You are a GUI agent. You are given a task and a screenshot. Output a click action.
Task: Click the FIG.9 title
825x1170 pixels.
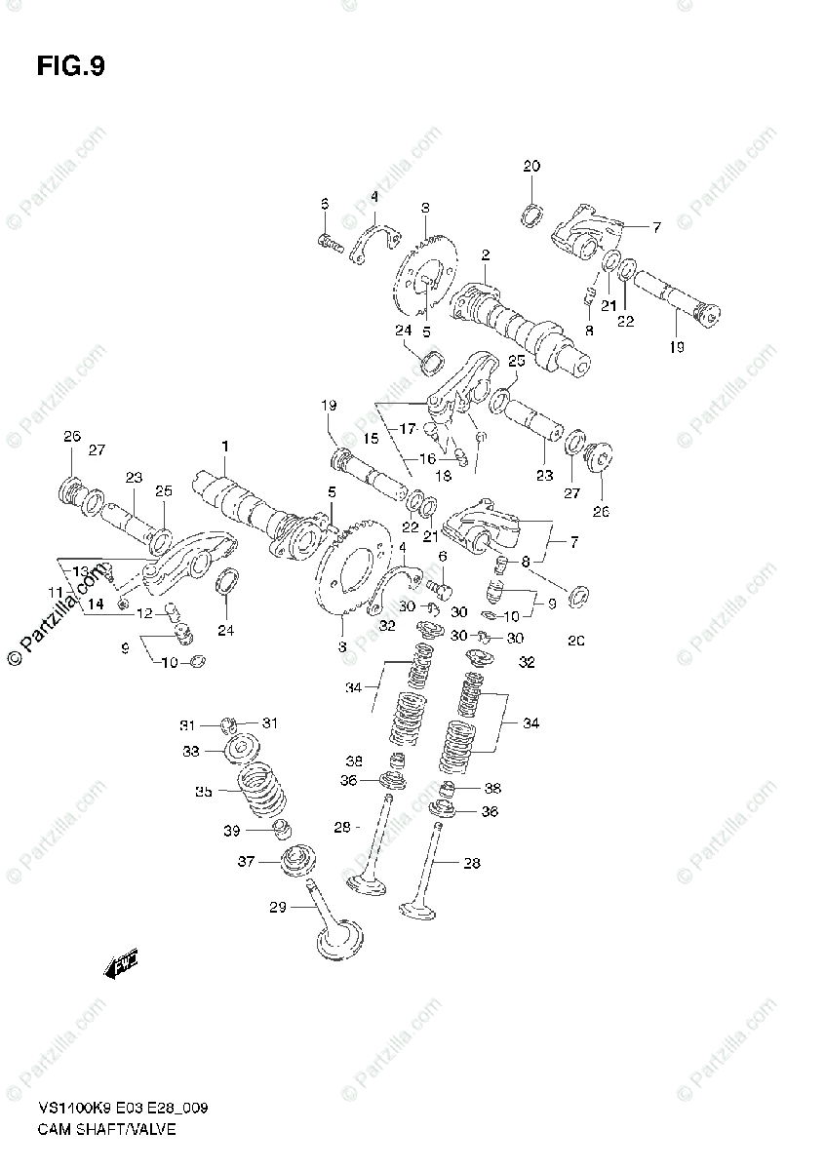click(70, 66)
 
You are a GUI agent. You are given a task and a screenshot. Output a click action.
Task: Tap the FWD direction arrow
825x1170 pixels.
click(122, 964)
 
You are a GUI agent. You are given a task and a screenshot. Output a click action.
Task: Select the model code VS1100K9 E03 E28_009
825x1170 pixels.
click(123, 1110)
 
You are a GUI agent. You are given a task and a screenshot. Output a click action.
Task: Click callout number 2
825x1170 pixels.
click(485, 255)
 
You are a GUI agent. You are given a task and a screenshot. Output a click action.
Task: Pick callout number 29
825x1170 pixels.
click(278, 908)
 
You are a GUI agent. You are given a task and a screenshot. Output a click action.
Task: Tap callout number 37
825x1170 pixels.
click(246, 862)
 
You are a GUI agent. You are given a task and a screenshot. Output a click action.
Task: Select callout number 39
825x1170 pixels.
click(231, 830)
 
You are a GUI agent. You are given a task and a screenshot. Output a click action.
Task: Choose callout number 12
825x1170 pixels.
click(143, 613)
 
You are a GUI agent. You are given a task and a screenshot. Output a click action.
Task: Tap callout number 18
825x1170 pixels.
click(444, 476)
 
